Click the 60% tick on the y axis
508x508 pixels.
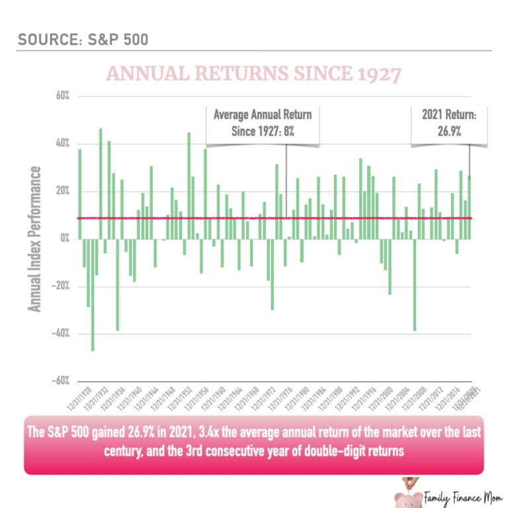62,97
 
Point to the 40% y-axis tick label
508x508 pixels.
62,144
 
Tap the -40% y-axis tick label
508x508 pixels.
61,333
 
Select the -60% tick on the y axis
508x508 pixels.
61,381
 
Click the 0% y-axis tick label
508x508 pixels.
65,239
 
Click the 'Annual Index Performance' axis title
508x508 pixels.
35,239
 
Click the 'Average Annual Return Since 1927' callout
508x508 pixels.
263,123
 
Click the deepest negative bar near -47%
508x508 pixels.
93,294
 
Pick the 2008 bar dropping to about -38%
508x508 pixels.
415,284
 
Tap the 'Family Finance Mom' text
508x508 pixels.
462,495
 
